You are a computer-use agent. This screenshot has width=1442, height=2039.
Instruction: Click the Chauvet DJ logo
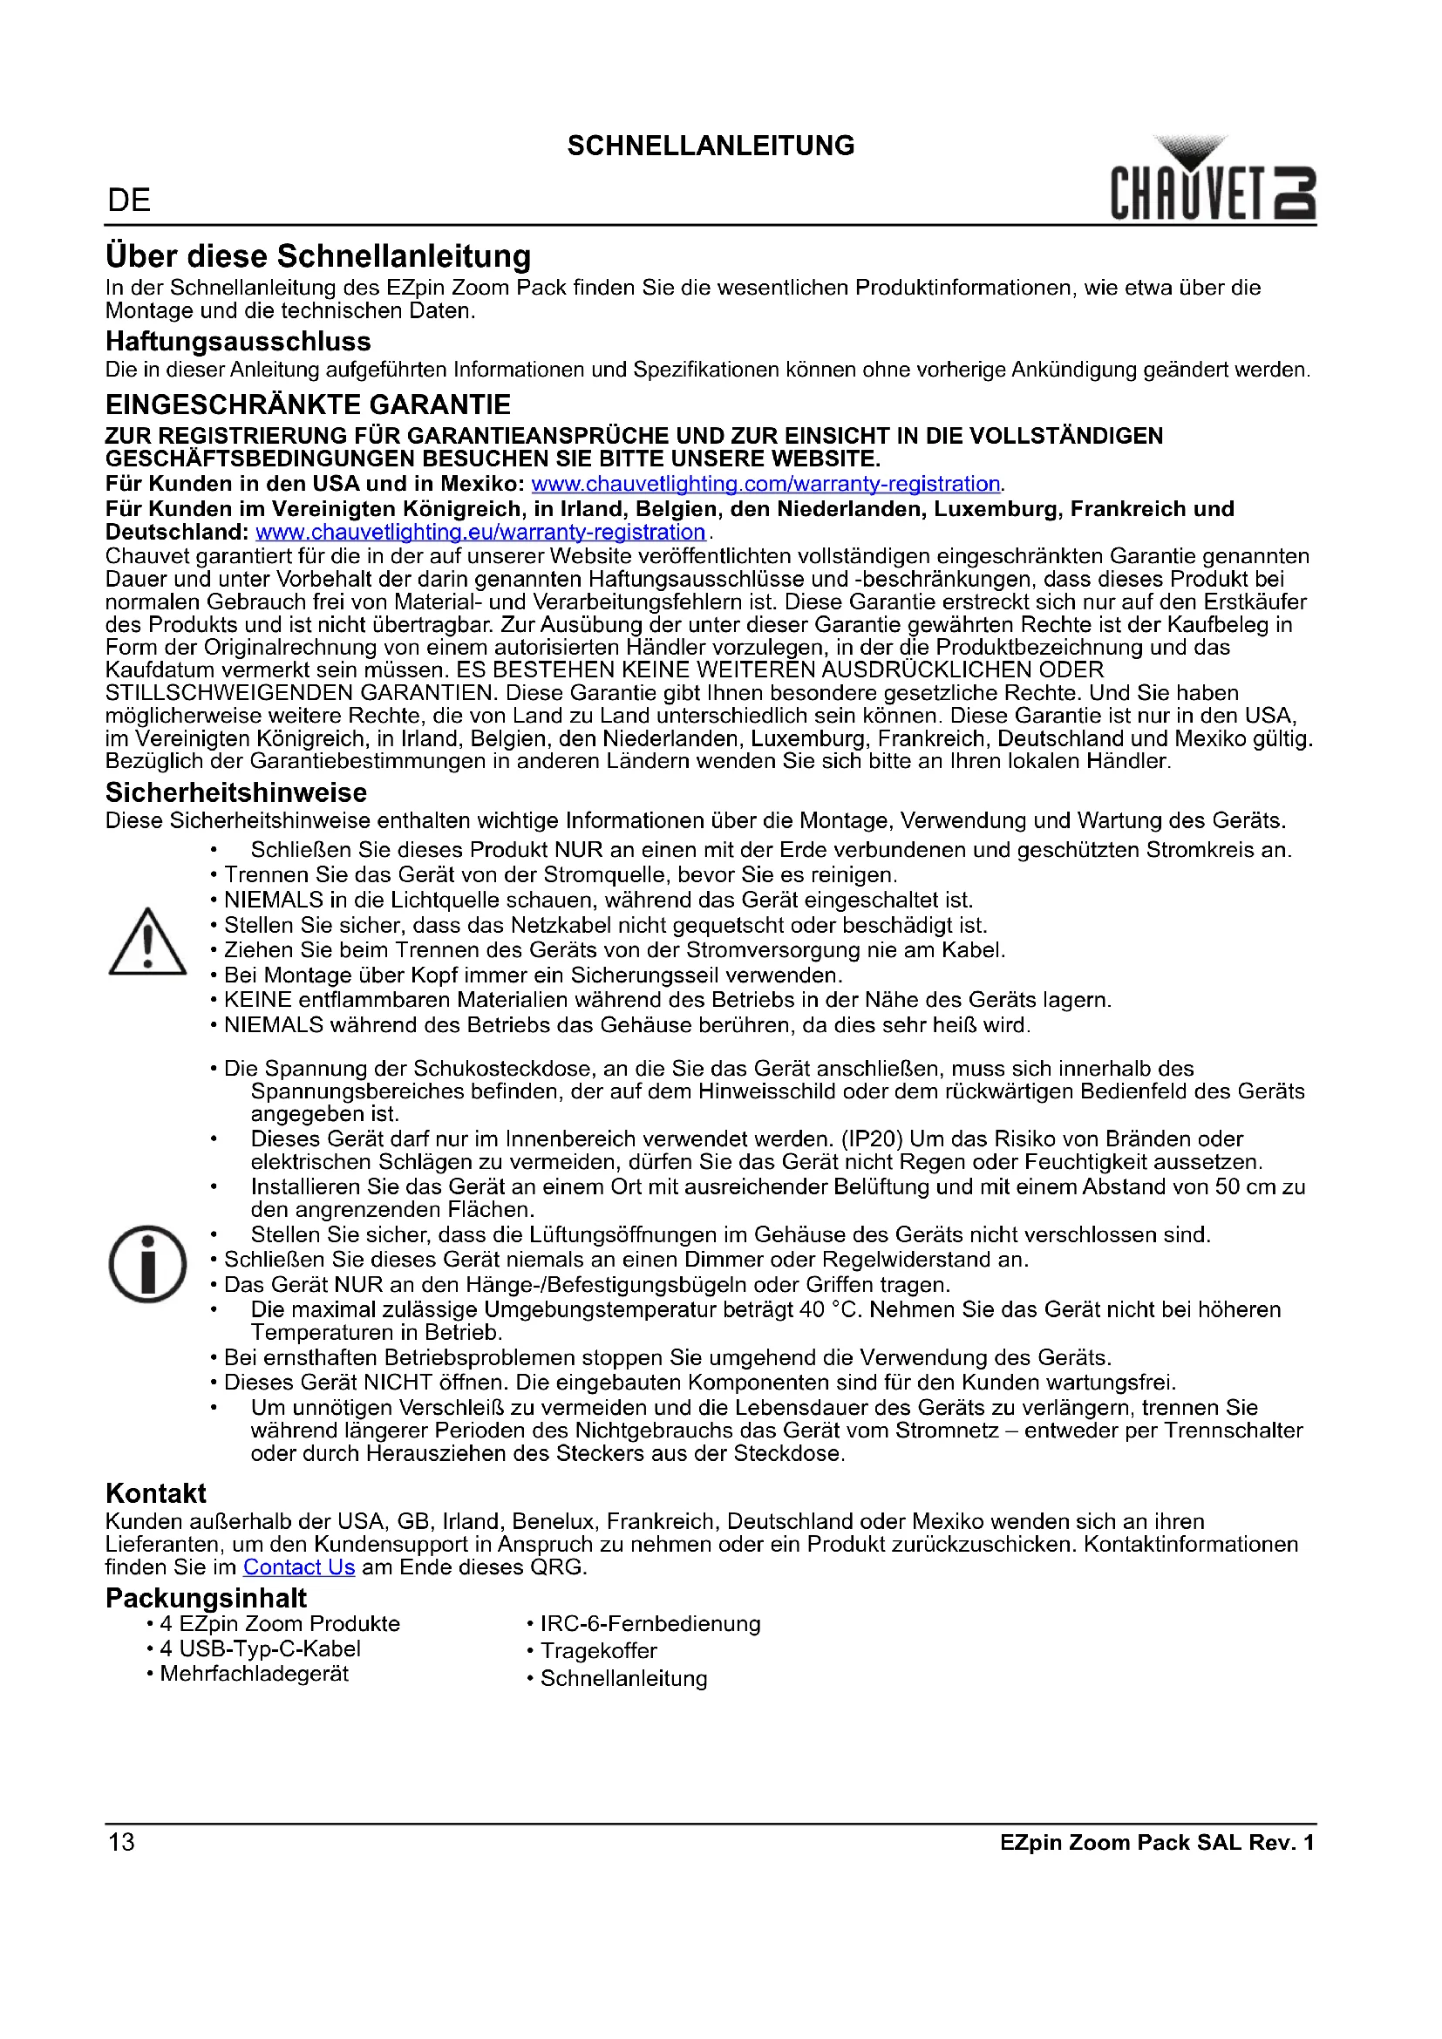pyautogui.click(x=1212, y=180)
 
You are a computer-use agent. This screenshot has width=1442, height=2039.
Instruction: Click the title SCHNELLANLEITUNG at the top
pyautogui.click(x=711, y=146)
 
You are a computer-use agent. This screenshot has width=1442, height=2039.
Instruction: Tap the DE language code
pyautogui.click(x=129, y=201)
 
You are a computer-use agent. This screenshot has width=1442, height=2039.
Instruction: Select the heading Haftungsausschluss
pyautogui.click(x=238, y=342)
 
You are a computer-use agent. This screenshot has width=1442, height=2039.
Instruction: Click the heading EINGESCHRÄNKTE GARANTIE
pyautogui.click(x=308, y=405)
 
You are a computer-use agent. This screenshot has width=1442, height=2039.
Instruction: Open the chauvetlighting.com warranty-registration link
pyautogui.click(x=765, y=484)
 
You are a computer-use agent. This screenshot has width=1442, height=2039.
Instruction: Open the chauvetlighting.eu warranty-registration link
pyautogui.click(x=480, y=532)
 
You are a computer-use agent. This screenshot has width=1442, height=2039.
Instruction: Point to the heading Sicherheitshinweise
pyautogui.click(x=236, y=792)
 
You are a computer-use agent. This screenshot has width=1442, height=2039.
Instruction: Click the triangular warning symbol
pyautogui.click(x=147, y=942)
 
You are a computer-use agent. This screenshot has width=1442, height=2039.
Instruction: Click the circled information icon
pyautogui.click(x=147, y=1264)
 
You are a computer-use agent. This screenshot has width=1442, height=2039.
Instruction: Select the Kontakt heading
pyautogui.click(x=155, y=1492)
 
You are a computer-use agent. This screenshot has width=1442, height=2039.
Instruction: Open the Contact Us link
pyautogui.click(x=299, y=1567)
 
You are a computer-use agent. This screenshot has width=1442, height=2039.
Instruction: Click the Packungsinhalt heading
pyautogui.click(x=206, y=1598)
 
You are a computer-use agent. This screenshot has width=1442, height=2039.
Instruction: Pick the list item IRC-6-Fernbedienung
pyautogui.click(x=650, y=1624)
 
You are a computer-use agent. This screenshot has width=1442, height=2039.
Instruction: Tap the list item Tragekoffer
pyautogui.click(x=598, y=1651)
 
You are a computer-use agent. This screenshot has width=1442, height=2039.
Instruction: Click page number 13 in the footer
pyautogui.click(x=122, y=1842)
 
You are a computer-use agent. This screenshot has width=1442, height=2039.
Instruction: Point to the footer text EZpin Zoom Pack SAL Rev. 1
pyautogui.click(x=1156, y=1843)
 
